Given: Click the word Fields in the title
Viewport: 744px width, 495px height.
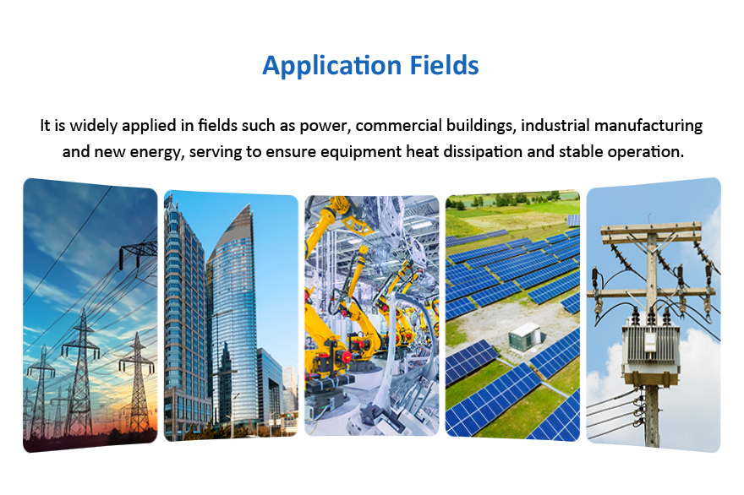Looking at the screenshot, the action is (445, 65).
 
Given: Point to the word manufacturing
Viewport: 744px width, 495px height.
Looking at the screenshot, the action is (648, 126).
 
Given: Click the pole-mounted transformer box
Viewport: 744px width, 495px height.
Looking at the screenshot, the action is (651, 350).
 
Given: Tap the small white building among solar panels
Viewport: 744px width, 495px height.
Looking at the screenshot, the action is (524, 336).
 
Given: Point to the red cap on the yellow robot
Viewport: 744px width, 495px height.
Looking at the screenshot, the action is (347, 356).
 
